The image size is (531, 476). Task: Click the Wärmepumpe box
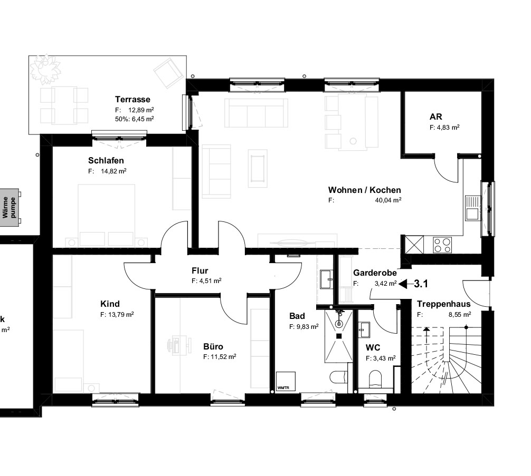point(10,208)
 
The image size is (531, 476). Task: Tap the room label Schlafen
point(106,160)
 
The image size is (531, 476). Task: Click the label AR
point(436,116)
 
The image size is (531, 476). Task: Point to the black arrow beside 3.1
point(405,284)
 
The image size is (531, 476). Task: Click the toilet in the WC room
point(376,380)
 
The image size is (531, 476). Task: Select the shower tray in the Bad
point(339,335)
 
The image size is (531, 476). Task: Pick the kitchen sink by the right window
point(472,208)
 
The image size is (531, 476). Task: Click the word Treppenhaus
point(443,304)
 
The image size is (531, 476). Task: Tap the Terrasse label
point(133,99)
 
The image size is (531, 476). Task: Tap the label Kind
point(110,304)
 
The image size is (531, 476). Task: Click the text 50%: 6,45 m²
point(134,119)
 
